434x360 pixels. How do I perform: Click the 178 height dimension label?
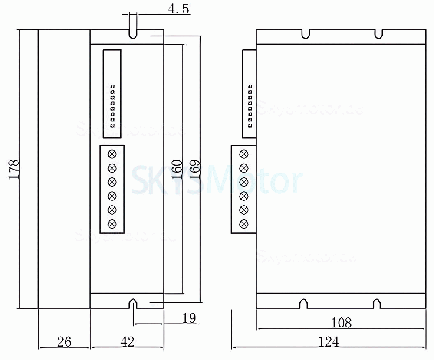coord(14,170)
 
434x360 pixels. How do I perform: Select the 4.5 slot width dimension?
coord(178,9)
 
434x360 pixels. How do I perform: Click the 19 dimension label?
coord(189,318)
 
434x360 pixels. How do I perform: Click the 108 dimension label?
coord(341,322)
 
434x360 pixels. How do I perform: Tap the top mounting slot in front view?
coord(133,34)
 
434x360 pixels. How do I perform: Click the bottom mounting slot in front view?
coord(133,303)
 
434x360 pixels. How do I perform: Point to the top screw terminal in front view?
coord(112,153)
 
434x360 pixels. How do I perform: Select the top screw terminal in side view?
coord(244,153)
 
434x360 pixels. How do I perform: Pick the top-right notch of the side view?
coord(378,33)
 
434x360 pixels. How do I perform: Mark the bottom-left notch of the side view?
coord(305,304)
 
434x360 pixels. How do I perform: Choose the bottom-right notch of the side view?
coord(376,304)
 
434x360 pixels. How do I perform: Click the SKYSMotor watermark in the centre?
coord(216,180)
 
